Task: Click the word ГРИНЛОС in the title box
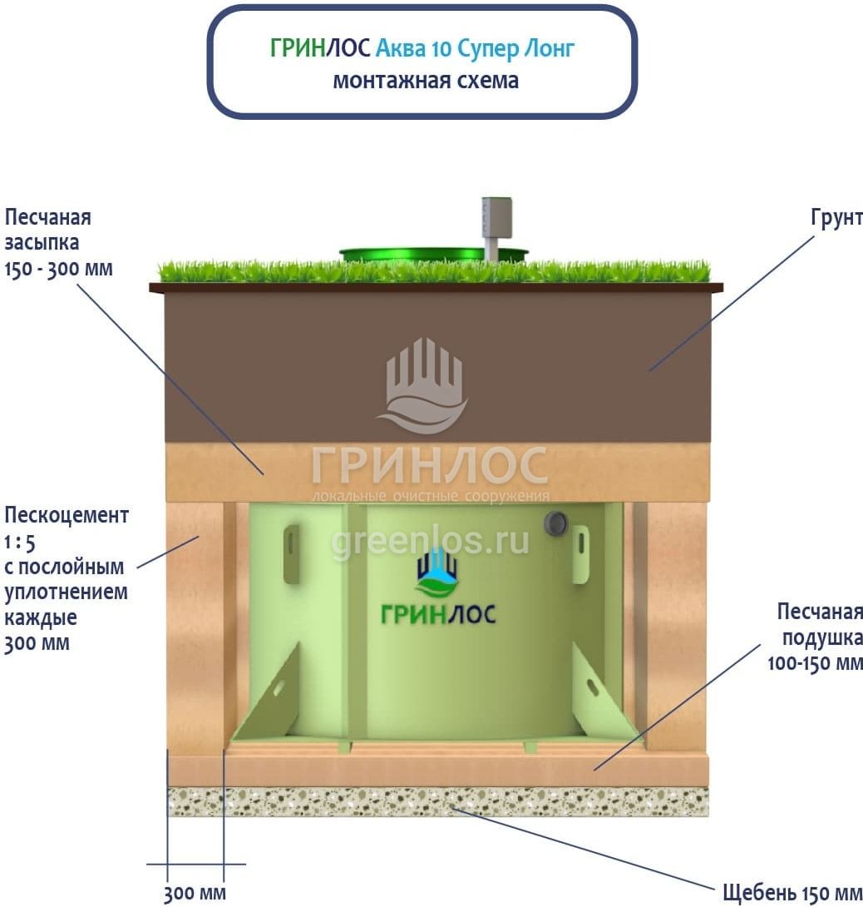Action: click(x=321, y=48)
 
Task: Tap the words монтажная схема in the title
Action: click(x=426, y=81)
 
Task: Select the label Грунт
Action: click(x=835, y=218)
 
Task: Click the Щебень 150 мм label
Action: click(x=792, y=893)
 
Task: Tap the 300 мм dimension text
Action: click(x=195, y=894)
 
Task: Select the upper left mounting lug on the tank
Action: click(x=291, y=553)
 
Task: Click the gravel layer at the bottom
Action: click(x=438, y=801)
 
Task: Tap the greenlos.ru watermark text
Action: click(x=431, y=542)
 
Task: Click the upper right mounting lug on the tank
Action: click(x=580, y=553)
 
